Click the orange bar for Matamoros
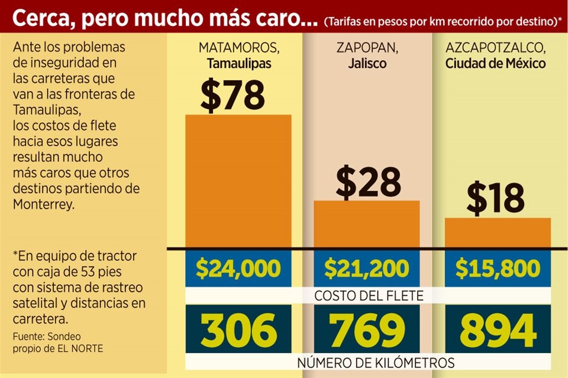tap(238, 181)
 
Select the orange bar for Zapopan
tap(366, 224)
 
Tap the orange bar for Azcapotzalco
tap(497, 233)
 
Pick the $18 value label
tap(495, 200)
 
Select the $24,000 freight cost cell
tap(238, 269)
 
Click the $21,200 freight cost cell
tap(366, 269)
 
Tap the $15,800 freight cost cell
tap(497, 269)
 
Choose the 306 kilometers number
tap(238, 330)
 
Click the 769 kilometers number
tap(366, 330)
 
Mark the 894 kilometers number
tap(497, 330)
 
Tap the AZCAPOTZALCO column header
tap(496, 47)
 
